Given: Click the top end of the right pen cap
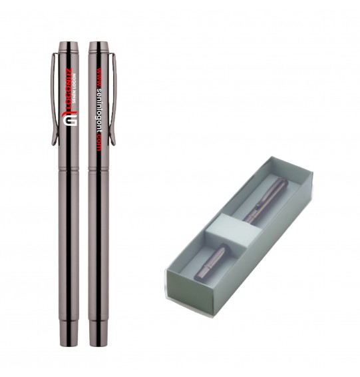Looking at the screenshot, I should coord(98,45).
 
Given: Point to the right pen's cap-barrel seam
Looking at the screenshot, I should coord(98,168).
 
